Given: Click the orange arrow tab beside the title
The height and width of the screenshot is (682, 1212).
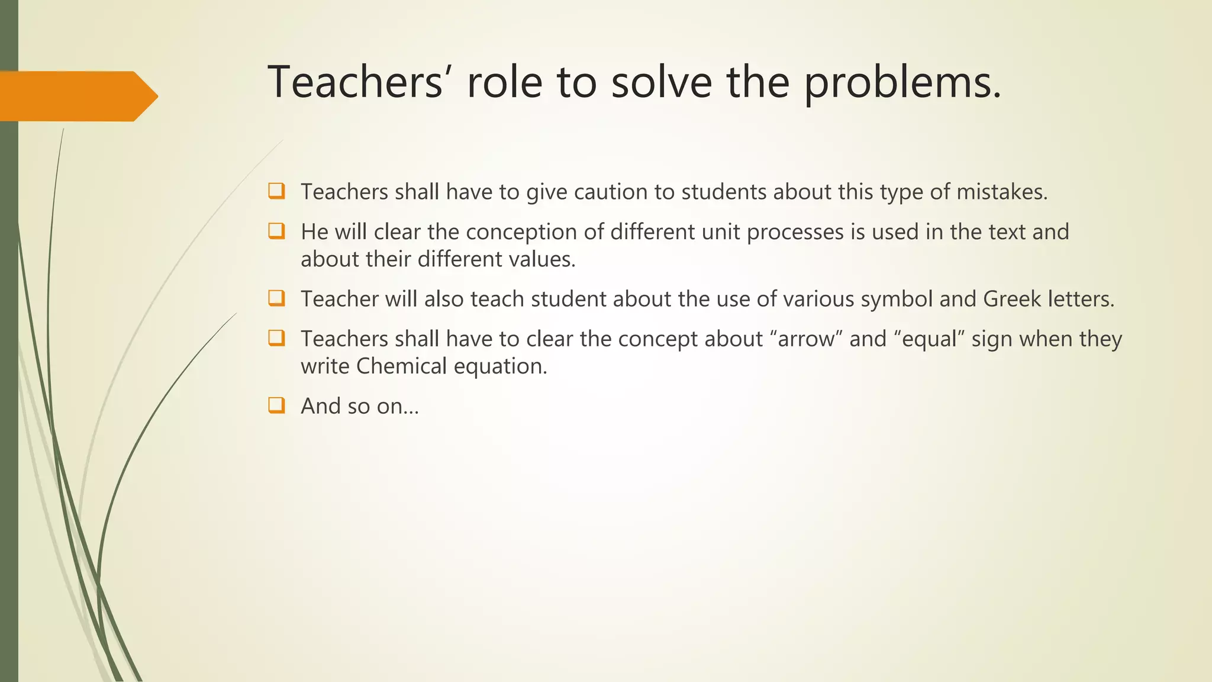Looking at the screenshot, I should click(x=77, y=96).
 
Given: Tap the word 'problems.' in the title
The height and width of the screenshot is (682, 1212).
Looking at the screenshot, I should click(x=902, y=83).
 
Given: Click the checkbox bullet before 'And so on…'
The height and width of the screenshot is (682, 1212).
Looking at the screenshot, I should click(x=276, y=406).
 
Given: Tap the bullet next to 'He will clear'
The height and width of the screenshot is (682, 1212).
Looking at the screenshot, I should click(x=276, y=231).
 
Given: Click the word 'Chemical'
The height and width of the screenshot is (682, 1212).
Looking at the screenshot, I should click(x=401, y=366).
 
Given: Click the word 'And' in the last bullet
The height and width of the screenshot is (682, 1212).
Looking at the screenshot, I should click(x=320, y=406).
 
